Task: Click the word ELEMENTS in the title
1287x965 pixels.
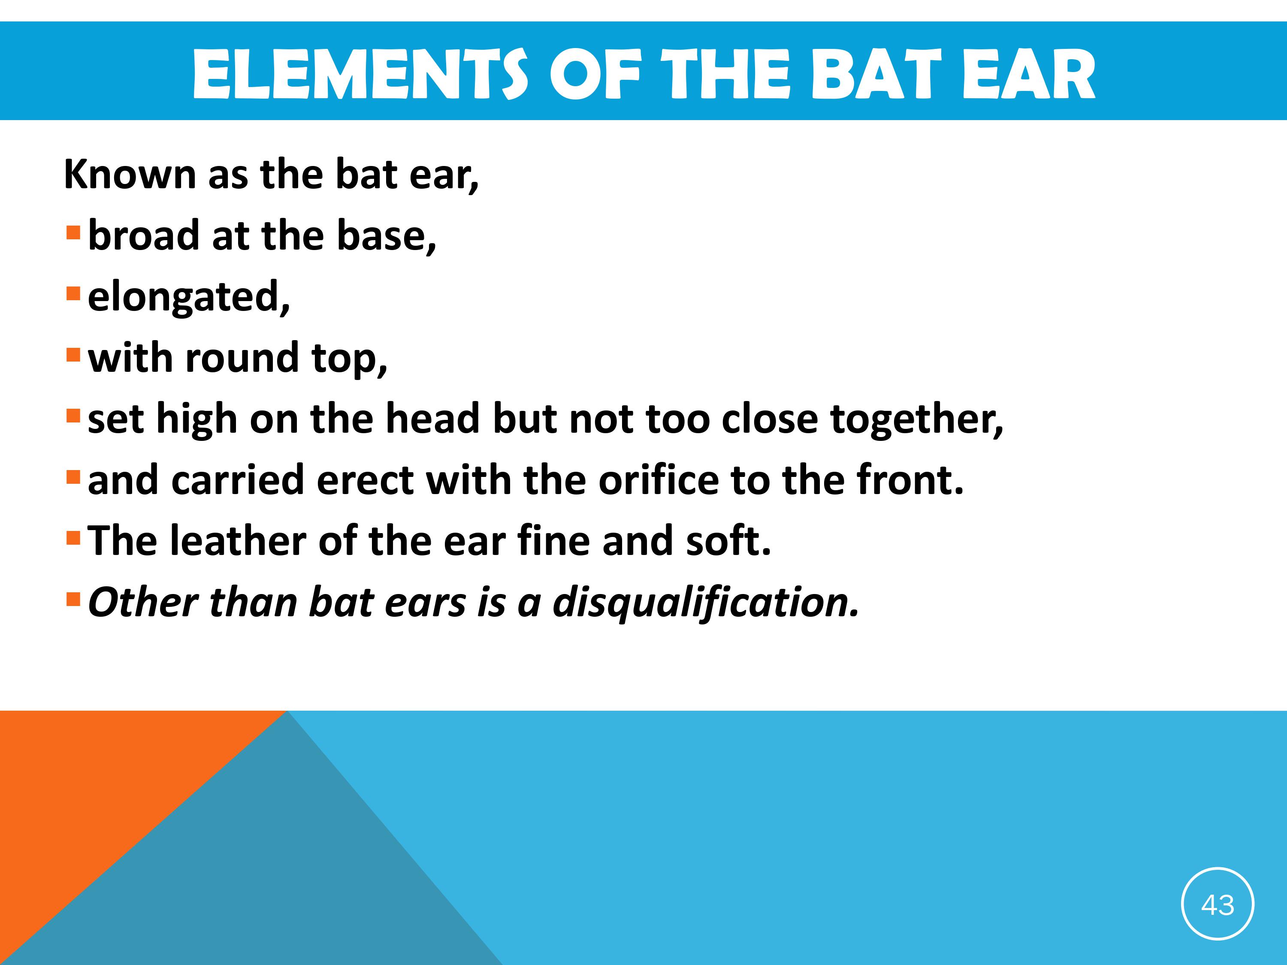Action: [360, 75]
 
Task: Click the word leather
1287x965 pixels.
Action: [238, 541]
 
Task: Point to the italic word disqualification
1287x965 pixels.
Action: [706, 603]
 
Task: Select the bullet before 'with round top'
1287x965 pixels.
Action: [73, 356]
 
